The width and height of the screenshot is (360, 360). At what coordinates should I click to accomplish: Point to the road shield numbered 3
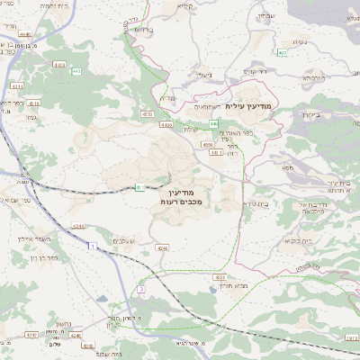pyautogui.click(x=140, y=289)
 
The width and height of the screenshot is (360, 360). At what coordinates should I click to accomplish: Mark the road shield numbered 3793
pyautogui.click(x=349, y=336)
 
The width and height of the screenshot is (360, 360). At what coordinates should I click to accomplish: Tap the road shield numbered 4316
pyautogui.click(x=33, y=104)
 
